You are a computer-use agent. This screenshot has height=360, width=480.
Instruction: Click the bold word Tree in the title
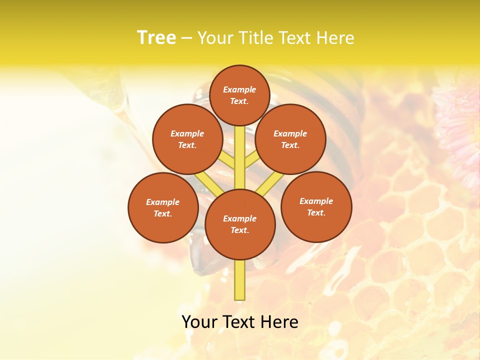(156, 37)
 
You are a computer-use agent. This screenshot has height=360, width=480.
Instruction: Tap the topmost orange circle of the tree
(239, 95)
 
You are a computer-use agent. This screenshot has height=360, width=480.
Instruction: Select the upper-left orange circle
(187, 139)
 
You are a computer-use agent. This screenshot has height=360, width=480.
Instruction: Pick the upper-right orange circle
(290, 139)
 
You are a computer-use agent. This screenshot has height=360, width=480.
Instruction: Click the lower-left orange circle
(163, 207)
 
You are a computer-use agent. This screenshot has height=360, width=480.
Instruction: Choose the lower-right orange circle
(316, 206)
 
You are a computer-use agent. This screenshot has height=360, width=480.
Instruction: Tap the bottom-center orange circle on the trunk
(240, 224)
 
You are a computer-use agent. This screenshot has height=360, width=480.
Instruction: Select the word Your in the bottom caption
(199, 322)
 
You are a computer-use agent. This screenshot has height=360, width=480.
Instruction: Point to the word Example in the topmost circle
(239, 89)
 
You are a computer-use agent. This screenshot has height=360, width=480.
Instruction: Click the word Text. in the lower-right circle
(316, 212)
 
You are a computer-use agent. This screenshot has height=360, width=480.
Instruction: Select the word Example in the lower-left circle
(163, 202)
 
